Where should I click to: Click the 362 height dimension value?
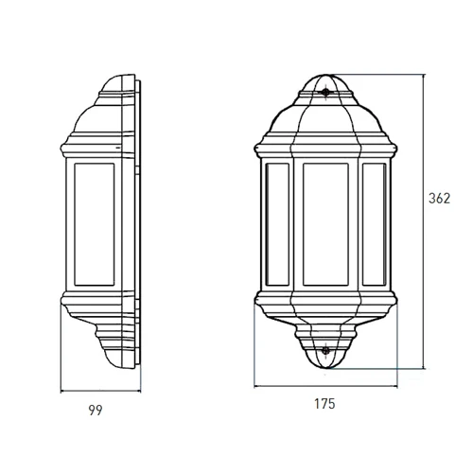[x=439, y=199]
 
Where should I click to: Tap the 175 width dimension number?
[x=324, y=404]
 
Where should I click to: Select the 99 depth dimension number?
[x=96, y=411]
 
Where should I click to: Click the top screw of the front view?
[x=325, y=92]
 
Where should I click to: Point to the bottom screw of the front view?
[x=325, y=350]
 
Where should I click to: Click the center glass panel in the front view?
[x=325, y=224]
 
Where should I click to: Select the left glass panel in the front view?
[x=277, y=224]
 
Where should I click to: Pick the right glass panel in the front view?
[x=375, y=224]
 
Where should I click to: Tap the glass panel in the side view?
[x=94, y=224]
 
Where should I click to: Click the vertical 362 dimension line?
[x=424, y=221]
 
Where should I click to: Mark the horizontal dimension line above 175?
[x=325, y=386]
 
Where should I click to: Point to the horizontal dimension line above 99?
[x=100, y=392]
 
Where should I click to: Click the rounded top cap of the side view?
[x=117, y=83]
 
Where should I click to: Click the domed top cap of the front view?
[x=325, y=82]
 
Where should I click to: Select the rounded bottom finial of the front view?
[x=325, y=359]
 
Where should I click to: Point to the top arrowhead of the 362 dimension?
[x=424, y=77]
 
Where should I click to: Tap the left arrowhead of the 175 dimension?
[x=256, y=386]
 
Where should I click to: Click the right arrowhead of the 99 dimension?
[x=139, y=392]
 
